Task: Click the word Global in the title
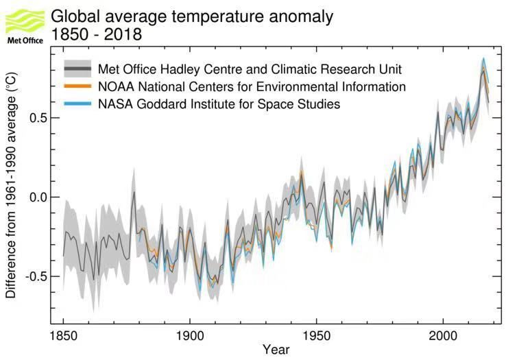coord(73,14)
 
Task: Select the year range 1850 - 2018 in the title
coord(97,34)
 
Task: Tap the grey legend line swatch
coord(78,69)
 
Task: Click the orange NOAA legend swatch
coord(78,87)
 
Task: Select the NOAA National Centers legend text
coord(252,87)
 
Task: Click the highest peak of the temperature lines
coord(483,59)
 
